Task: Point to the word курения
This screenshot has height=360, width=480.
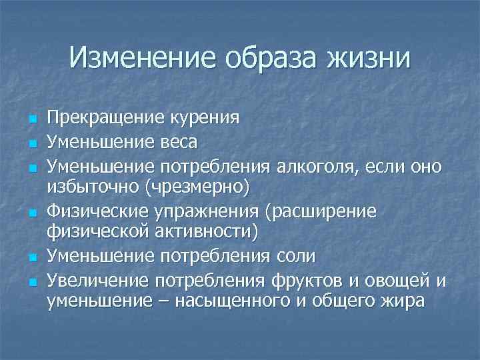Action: point(201,119)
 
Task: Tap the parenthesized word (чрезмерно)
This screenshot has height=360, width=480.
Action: point(194,187)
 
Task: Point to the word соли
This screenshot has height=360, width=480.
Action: point(299,256)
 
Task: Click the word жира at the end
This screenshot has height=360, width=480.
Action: point(400,301)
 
